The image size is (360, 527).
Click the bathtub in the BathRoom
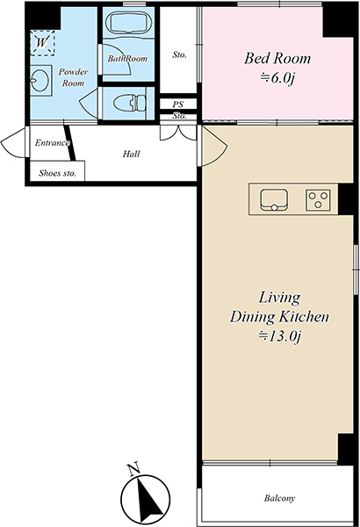128,22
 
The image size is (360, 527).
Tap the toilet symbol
129,103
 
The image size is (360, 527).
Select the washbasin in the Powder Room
40,80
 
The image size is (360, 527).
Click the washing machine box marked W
42,43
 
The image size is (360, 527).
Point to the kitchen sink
274,200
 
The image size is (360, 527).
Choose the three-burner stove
318,200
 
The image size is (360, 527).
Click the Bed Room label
277,58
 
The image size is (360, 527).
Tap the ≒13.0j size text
278,336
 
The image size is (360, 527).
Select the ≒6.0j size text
277,78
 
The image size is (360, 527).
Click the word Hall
131,154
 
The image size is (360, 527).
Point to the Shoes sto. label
57,173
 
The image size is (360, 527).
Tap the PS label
178,105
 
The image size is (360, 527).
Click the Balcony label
279,498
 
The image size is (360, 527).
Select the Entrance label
52,143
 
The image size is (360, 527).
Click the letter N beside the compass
133,469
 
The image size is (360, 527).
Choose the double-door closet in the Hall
178,133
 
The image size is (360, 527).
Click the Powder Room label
73,77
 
